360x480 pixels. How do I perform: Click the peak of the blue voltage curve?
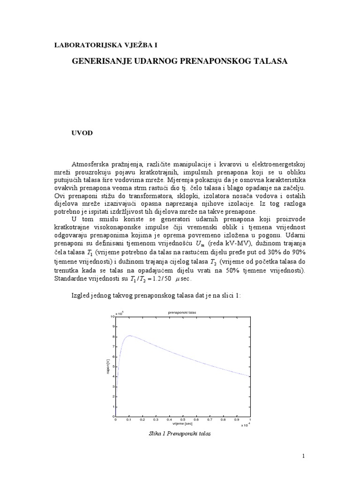pyautogui.click(x=130, y=336)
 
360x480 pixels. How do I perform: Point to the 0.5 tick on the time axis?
pyautogui.click(x=183, y=420)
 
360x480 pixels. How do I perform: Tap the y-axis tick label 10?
pyautogui.click(x=112, y=317)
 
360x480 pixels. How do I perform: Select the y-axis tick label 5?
pyautogui.click(x=113, y=367)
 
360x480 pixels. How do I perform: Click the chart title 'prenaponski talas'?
pyautogui.click(x=183, y=312)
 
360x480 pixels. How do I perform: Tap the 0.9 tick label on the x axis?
pyautogui.click(x=237, y=420)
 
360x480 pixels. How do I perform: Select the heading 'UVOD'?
pyautogui.click(x=82, y=133)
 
